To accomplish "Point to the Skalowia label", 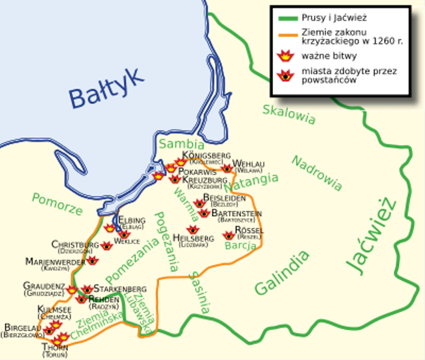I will [x=289, y=114].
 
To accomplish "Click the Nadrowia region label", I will [x=316, y=173].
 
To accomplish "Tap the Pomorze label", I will [x=57, y=204].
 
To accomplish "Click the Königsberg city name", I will [x=206, y=155].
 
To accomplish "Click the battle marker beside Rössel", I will [x=229, y=235].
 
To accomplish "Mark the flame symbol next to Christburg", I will [x=107, y=245].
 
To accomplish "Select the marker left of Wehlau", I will [x=227, y=168].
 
